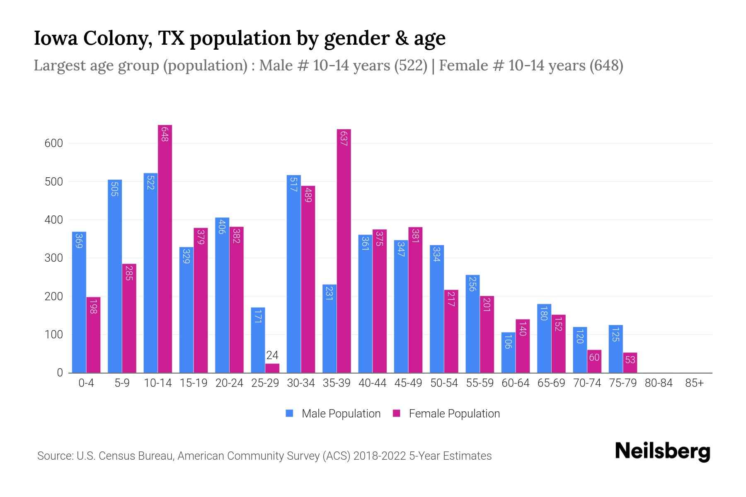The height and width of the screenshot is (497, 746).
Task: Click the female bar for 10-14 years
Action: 165,248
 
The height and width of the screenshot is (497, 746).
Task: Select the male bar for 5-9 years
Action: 115,276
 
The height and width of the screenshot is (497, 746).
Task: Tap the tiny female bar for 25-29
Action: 272,368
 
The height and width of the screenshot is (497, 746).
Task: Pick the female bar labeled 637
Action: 344,251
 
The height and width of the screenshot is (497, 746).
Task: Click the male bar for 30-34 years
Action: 294,274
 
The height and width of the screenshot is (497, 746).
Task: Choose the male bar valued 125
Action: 615,349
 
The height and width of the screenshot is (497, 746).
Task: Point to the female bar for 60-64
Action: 523,346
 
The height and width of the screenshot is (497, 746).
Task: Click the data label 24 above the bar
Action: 272,355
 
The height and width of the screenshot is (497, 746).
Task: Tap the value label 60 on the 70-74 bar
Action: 594,357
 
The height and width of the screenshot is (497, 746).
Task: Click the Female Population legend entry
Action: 446,414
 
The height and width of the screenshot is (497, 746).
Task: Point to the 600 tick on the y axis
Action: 53,143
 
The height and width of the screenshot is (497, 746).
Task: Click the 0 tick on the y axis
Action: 60,373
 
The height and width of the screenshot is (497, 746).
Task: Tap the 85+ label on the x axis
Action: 694,383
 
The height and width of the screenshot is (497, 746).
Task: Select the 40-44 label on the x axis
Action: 372,383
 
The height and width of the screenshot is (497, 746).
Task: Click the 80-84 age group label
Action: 659,383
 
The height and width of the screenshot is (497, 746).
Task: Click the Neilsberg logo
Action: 662,451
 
